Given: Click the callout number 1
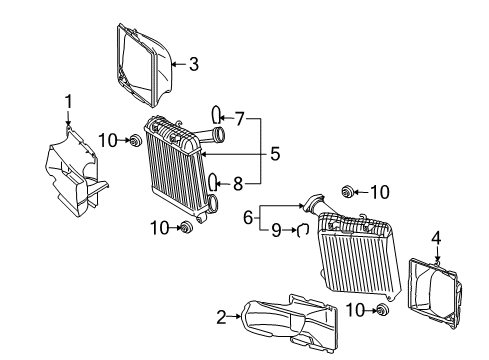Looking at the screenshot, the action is tap(69, 102).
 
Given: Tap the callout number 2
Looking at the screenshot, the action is tap(221, 317).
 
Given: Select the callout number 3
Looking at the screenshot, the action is tap(194, 64).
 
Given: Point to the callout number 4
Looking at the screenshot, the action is tap(436, 239).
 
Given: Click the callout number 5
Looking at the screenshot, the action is tap(275, 154).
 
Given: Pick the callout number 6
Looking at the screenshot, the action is tap(248, 218).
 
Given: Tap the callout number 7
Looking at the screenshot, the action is tap(240, 119).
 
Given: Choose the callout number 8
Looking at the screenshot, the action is tap(238, 184).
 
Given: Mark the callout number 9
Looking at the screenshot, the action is tap(276, 230).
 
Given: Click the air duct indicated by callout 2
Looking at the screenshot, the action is tap(290, 321).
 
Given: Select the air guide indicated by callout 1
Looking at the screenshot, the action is tap(74, 173).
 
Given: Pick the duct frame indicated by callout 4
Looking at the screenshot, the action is tap(433, 293).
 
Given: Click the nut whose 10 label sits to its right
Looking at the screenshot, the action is tap(348, 192).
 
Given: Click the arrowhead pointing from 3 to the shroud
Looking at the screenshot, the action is tap(174, 64).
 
